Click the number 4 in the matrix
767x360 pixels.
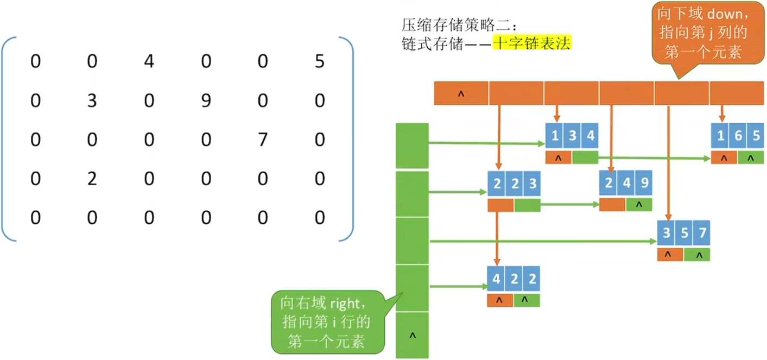(149, 62)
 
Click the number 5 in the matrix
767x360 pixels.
(320, 62)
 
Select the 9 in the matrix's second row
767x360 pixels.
(206, 101)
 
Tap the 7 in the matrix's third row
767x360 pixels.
(263, 140)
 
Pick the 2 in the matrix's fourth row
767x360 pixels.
(92, 179)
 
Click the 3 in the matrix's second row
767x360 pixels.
(92, 101)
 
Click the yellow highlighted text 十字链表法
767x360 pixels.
(532, 43)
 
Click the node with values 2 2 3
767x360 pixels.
(514, 185)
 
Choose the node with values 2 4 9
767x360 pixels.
(625, 184)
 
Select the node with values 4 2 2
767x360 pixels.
(514, 279)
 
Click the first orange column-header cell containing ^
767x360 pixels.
(461, 93)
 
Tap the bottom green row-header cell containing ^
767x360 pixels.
(412, 335)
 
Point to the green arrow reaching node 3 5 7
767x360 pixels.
(543, 241)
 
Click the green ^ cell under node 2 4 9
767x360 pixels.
(638, 205)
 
